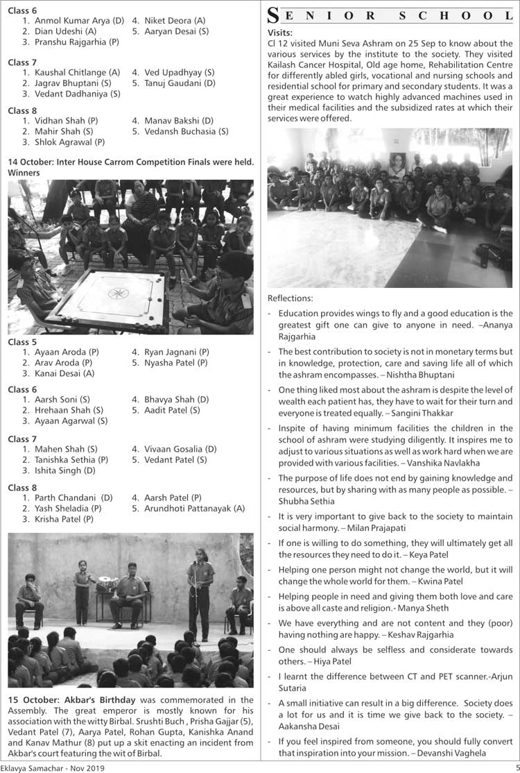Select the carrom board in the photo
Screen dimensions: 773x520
coord(114,299)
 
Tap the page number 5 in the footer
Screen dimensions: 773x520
coord(516,767)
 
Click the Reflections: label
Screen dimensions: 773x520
coord(290,298)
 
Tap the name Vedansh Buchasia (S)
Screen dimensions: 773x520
coord(187,131)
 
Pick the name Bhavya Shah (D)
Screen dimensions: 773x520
coord(176,400)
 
